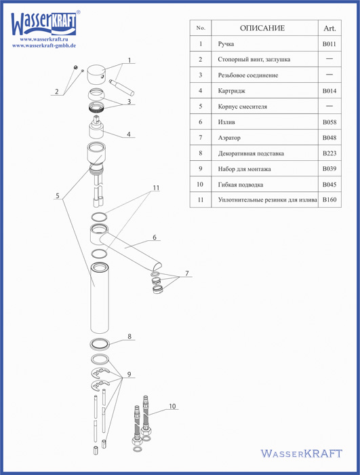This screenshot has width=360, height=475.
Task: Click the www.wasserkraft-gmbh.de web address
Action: (44, 45)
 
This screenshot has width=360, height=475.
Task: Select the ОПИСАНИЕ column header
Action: (262, 28)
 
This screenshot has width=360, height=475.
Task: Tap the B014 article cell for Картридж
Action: (329, 90)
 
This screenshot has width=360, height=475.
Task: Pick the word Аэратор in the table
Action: (229, 138)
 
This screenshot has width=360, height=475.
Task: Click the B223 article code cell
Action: (329, 153)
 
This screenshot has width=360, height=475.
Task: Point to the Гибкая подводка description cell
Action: (241, 185)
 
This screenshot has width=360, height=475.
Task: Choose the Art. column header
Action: (329, 28)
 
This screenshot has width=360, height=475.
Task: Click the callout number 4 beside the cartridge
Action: (129, 134)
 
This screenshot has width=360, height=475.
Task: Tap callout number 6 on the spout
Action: (155, 237)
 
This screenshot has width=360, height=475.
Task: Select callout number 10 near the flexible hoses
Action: (172, 406)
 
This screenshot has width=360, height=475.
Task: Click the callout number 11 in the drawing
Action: (156, 188)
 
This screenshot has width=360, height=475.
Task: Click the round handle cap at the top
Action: (96, 74)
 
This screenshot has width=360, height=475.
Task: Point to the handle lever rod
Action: (122, 88)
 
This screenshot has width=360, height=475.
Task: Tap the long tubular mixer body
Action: (100, 298)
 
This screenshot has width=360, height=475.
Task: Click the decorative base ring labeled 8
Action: (100, 343)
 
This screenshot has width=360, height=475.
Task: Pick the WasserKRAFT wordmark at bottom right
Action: (302, 453)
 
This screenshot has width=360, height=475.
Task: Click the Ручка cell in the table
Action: (226, 44)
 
